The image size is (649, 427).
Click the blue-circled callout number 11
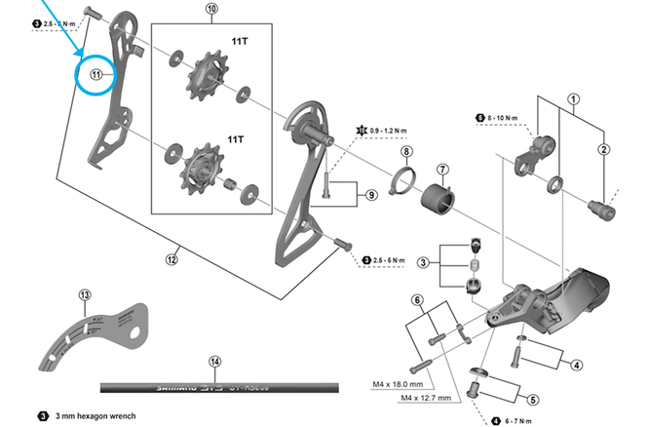96,74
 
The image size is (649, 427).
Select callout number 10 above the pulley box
212,11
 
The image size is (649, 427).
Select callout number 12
172,258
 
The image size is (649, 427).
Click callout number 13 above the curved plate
85,294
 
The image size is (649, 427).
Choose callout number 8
406,151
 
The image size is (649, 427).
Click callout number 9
371,195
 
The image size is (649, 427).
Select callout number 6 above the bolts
416,299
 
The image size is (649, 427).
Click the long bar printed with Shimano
214,386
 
